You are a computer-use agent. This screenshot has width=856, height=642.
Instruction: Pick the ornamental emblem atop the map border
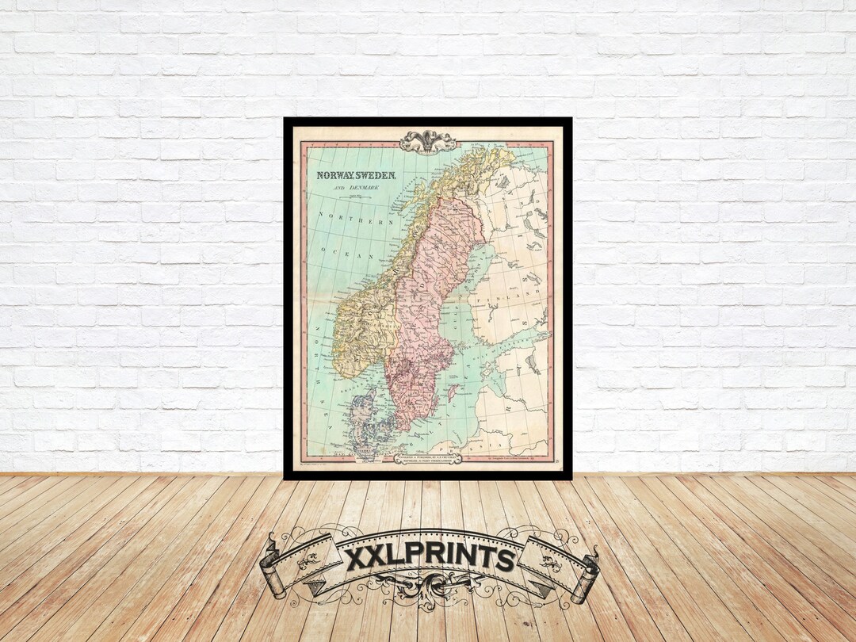pyautogui.click(x=428, y=141)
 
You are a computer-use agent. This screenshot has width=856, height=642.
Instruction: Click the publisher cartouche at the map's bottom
pyautogui.click(x=428, y=458)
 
